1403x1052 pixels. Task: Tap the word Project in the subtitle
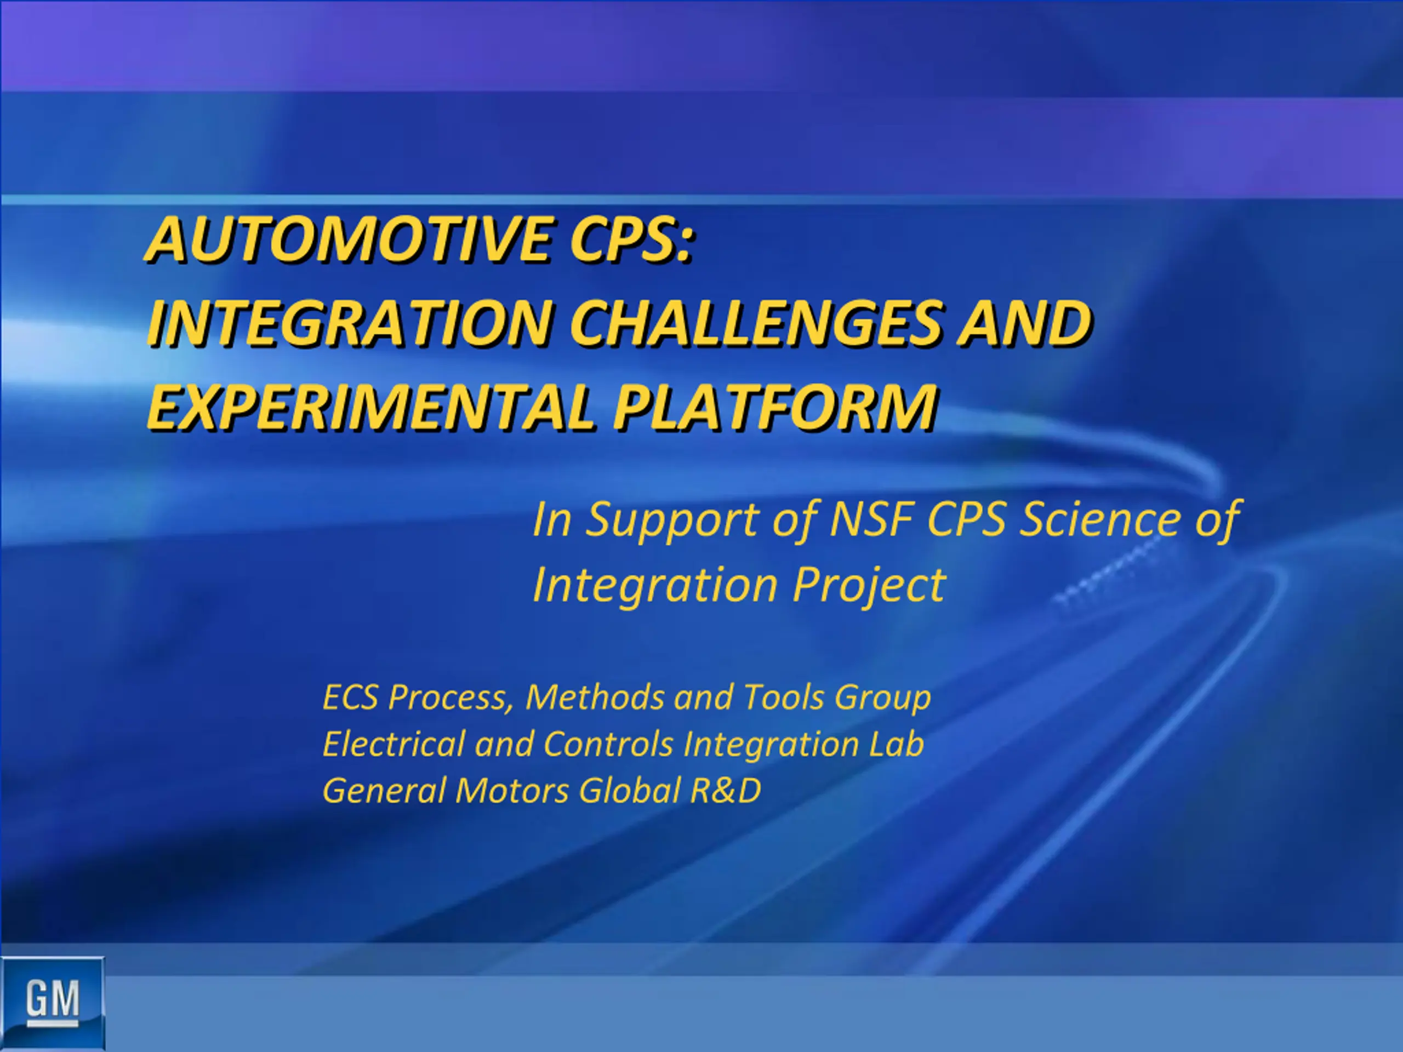870,585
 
